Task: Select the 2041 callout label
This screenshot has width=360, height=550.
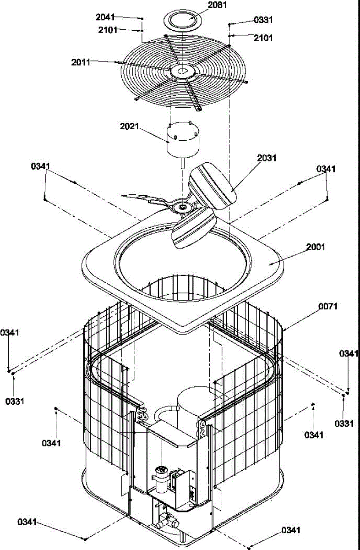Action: pyautogui.click(x=105, y=17)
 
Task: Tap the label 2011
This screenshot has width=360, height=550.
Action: pyautogui.click(x=81, y=62)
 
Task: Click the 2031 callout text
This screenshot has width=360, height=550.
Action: pyautogui.click(x=267, y=158)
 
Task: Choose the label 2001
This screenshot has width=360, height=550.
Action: pyautogui.click(x=315, y=247)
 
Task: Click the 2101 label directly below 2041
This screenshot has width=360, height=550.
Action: pyautogui.click(x=107, y=30)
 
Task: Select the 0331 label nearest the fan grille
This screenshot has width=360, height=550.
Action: pyautogui.click(x=263, y=20)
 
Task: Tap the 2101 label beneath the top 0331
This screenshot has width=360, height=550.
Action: pyautogui.click(x=263, y=38)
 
